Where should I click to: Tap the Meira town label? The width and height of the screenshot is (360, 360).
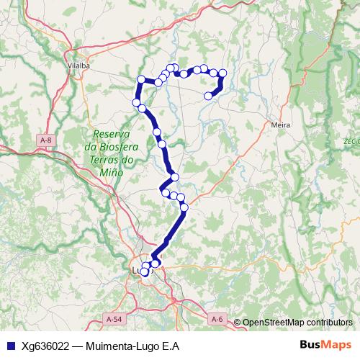pyautogui.click(x=281, y=125)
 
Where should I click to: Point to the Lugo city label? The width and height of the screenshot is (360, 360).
pyautogui.click(x=139, y=271)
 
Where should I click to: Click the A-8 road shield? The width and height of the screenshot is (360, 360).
pyautogui.click(x=47, y=140)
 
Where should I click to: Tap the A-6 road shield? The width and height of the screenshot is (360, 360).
pyautogui.click(x=217, y=318)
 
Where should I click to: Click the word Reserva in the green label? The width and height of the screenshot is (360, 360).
pyautogui.click(x=110, y=134)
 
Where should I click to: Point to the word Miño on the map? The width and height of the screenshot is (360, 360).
pyautogui.click(x=112, y=173)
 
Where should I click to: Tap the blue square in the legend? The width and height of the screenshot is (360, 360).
pyautogui.click(x=11, y=345)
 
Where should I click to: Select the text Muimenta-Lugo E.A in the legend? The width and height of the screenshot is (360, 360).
pyautogui.click(x=132, y=345)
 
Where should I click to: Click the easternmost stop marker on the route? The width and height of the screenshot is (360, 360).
pyautogui.click(x=222, y=73)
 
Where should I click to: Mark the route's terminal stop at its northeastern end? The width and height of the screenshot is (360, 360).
pyautogui.click(x=209, y=96)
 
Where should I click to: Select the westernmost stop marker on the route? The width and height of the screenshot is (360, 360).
pyautogui.click(x=136, y=103)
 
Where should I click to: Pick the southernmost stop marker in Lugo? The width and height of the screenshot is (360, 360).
pyautogui.click(x=144, y=272)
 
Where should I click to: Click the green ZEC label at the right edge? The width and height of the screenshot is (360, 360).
pyautogui.click(x=351, y=141)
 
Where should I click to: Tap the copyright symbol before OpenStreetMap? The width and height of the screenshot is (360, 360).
pyautogui.click(x=237, y=322)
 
